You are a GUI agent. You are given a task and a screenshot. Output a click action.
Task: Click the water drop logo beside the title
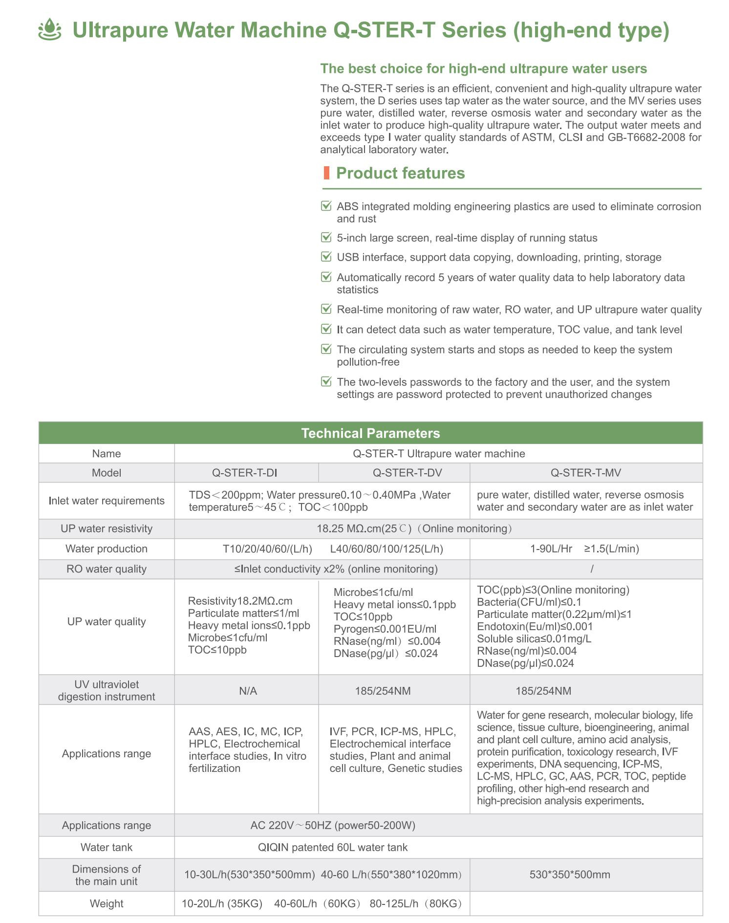[x=50, y=30]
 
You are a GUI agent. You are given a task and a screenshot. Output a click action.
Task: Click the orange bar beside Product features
[x=326, y=173]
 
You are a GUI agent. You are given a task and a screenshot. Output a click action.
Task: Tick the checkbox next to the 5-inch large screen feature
[x=326, y=238]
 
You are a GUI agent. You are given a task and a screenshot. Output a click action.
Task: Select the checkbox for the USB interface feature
[x=326, y=257]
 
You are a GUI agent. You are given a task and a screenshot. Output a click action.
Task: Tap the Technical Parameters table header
[x=370, y=433]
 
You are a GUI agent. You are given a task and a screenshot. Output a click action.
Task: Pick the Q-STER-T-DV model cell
[x=393, y=473]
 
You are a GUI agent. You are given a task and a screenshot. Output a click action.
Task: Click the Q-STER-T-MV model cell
[x=585, y=473]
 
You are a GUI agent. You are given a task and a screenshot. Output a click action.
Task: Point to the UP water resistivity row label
[x=107, y=528]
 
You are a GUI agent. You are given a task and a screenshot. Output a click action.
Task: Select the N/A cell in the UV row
[x=248, y=691]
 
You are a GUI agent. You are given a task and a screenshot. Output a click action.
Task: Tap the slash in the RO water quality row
[x=592, y=569]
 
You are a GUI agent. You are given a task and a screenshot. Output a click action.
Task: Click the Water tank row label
[x=107, y=847]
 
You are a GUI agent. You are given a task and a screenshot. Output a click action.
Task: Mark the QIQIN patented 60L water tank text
[x=332, y=847]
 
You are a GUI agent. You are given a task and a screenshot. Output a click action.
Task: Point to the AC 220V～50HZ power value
[x=332, y=825]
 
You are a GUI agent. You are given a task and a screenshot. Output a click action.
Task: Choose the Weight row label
[x=107, y=903]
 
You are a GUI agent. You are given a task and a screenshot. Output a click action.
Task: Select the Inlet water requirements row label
[x=107, y=501]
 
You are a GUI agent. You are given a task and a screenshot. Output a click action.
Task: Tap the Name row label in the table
[x=107, y=454]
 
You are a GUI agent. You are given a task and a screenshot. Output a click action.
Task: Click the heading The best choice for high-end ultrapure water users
[x=483, y=68]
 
